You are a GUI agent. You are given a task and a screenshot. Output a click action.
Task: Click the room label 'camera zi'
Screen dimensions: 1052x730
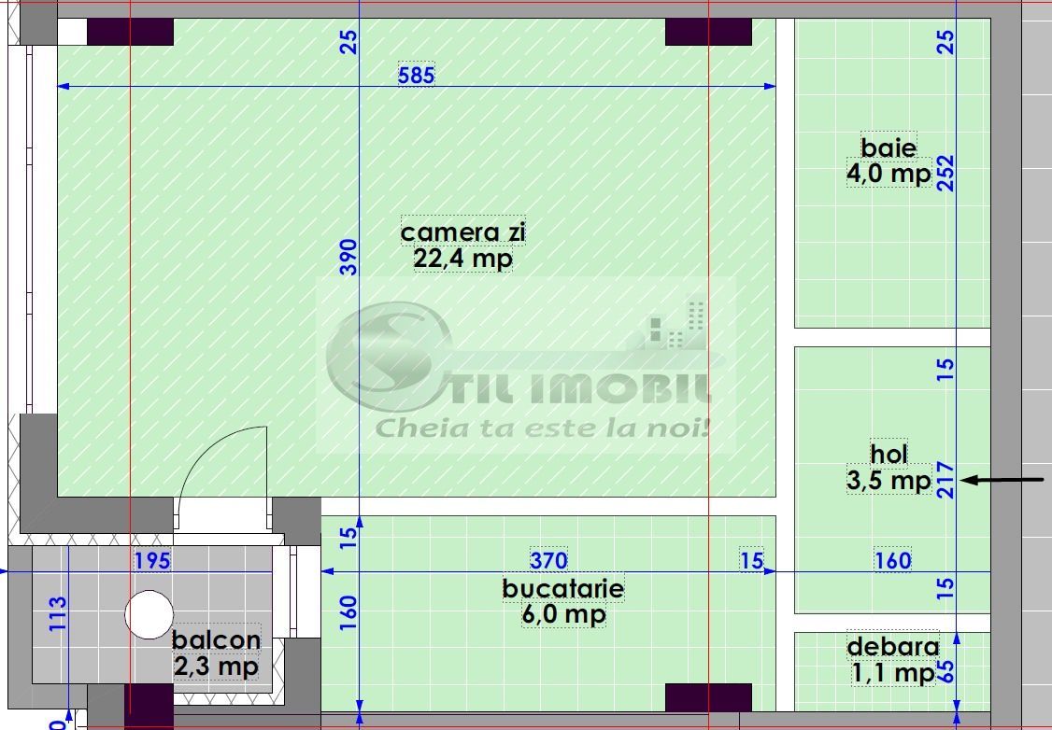[462, 232]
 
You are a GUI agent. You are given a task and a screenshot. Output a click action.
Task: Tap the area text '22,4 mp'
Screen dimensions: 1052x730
[462, 258]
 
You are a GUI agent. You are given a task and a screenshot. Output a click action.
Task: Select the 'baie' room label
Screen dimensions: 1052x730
[889, 147]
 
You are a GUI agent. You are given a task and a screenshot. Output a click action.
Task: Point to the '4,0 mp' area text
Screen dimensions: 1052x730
[889, 174]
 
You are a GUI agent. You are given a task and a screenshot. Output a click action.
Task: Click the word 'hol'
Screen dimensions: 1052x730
[889, 455]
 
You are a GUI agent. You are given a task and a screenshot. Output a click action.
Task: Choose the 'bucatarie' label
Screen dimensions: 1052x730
[563, 588]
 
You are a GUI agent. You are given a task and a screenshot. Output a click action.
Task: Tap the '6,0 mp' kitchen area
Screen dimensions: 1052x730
[563, 614]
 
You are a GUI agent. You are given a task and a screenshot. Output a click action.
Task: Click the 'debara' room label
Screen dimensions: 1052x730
[893, 647]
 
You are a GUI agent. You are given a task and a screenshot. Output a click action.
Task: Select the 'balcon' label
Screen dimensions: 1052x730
[216, 640]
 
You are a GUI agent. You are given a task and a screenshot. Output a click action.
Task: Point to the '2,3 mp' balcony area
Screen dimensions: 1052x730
[216, 667]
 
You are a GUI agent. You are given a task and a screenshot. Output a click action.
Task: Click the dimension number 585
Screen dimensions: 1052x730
[416, 75]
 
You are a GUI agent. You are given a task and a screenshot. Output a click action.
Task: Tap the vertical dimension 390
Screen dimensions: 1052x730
[348, 258]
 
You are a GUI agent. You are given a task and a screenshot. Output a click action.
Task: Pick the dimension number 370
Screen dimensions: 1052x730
[548, 560]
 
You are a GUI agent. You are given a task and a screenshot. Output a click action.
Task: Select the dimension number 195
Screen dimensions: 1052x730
[152, 560]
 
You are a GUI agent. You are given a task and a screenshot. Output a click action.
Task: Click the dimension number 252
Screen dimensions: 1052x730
[945, 173]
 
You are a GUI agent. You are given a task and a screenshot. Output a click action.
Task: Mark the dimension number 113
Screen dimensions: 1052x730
[58, 613]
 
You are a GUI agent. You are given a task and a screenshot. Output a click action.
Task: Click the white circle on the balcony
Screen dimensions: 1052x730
[149, 614]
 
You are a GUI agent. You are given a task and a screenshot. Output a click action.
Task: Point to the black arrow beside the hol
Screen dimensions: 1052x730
[1002, 479]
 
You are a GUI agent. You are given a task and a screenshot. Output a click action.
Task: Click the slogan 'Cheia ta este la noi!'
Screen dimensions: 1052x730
[542, 428]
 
